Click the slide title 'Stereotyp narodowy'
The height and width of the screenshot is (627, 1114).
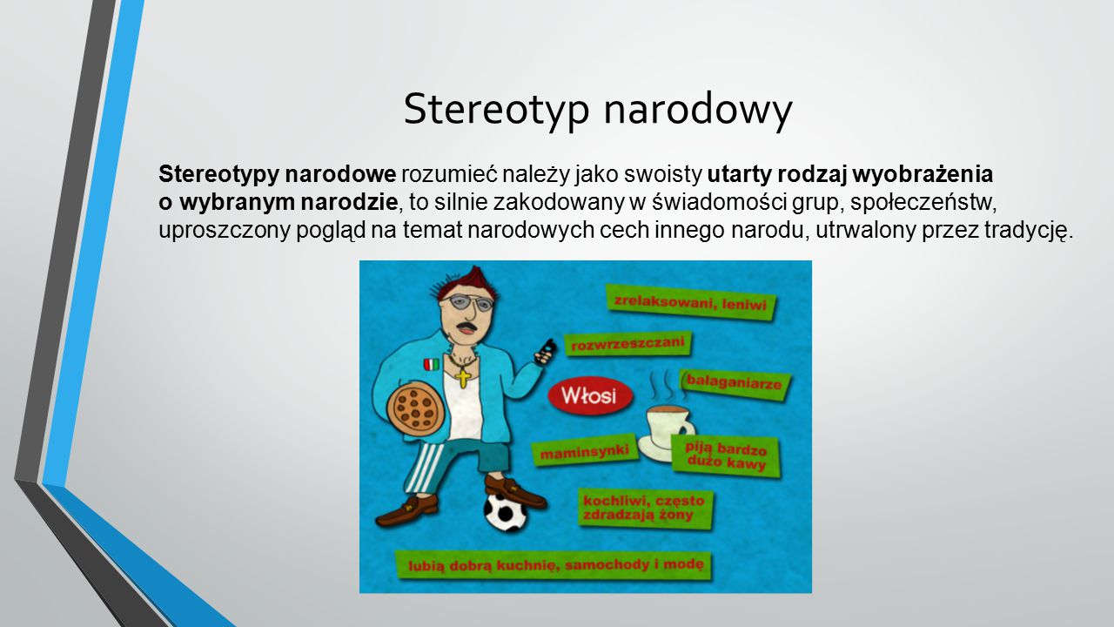597,111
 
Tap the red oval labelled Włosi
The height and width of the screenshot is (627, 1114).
590,396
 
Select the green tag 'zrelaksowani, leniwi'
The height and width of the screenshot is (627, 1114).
691,302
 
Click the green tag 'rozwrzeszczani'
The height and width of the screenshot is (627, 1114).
627,343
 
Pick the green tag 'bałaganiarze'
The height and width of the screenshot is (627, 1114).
735,384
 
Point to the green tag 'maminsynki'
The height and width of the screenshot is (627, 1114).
584,451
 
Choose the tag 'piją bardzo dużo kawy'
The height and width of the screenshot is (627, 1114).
726,455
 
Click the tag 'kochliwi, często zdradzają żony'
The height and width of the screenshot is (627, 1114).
645,508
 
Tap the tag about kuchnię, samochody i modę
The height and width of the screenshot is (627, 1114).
554,565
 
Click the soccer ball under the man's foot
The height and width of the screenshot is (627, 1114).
505,512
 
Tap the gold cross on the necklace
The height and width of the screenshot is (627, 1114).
463,377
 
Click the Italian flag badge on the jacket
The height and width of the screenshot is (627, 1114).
432,364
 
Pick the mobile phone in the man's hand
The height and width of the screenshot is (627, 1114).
545,352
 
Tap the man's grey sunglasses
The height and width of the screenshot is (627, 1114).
468,302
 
